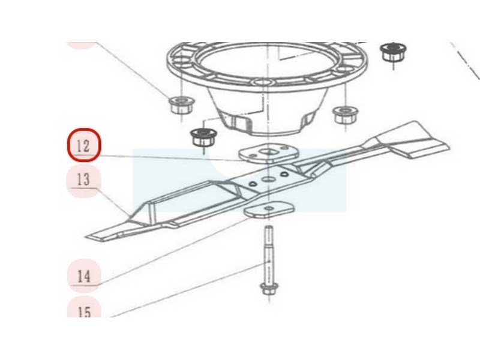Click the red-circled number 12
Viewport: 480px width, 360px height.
click(x=83, y=146)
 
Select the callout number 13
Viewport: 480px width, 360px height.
click(x=83, y=179)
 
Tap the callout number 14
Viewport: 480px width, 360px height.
click(x=83, y=276)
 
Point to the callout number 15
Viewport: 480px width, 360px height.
click(x=84, y=312)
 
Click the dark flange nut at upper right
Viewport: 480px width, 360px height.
click(x=393, y=52)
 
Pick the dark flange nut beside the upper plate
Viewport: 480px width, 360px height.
click(x=203, y=137)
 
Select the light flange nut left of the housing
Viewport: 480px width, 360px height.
click(x=181, y=104)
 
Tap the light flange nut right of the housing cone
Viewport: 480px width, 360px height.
click(x=346, y=115)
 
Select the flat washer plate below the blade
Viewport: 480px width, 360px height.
click(x=269, y=209)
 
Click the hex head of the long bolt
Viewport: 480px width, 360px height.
click(x=269, y=289)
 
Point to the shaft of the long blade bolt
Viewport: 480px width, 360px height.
click(x=268, y=254)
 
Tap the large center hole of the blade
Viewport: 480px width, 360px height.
click(x=268, y=179)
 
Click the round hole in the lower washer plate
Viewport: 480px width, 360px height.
click(x=269, y=208)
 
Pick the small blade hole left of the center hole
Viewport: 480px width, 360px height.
click(x=252, y=184)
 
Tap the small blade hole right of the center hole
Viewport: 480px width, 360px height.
click(x=284, y=174)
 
